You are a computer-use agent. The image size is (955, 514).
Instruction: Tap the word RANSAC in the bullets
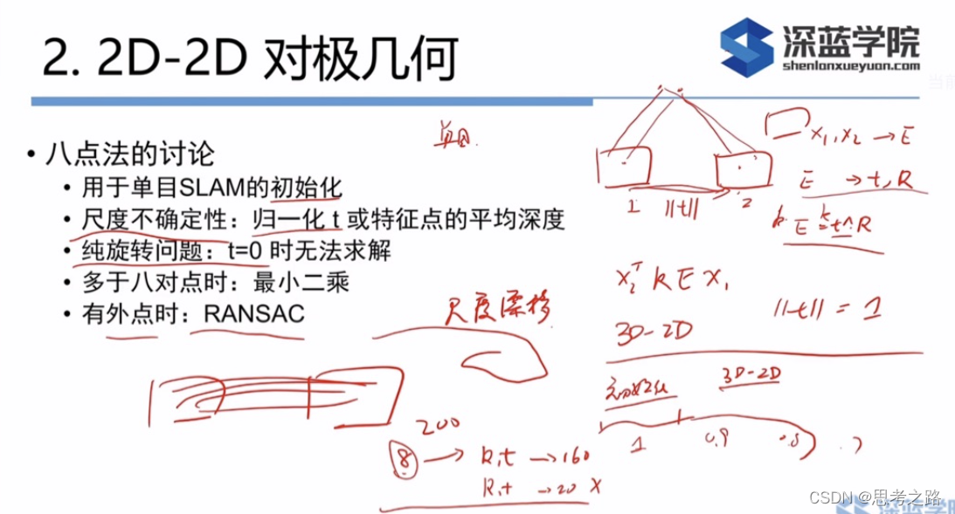click(x=254, y=312)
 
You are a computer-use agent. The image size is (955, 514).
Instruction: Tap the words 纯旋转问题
click(x=125, y=251)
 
